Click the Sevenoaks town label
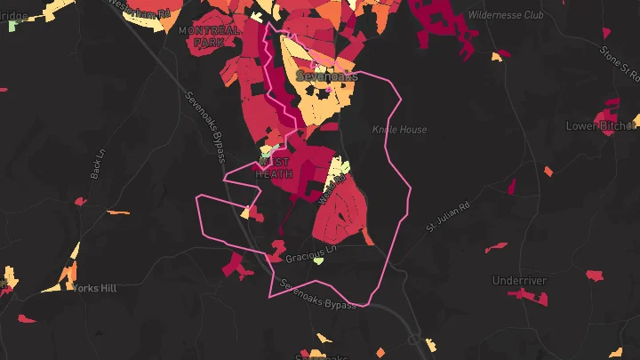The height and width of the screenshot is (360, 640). [x=326, y=76]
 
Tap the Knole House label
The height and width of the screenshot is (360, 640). [x=399, y=130]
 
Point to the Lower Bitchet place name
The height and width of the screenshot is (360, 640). [x=602, y=126]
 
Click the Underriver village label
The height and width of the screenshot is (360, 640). [x=519, y=281]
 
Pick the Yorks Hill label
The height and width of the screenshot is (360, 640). [x=95, y=289]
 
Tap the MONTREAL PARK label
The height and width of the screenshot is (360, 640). [x=209, y=36]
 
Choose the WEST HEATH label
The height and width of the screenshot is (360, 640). [x=274, y=168]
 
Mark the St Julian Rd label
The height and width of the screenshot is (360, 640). [x=446, y=215]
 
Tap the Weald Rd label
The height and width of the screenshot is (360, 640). [x=328, y=191]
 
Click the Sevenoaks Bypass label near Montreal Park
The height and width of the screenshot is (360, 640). [x=205, y=127]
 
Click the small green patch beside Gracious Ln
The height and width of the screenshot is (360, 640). [x=318, y=261]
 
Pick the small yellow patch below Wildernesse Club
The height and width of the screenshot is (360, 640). [x=498, y=56]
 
